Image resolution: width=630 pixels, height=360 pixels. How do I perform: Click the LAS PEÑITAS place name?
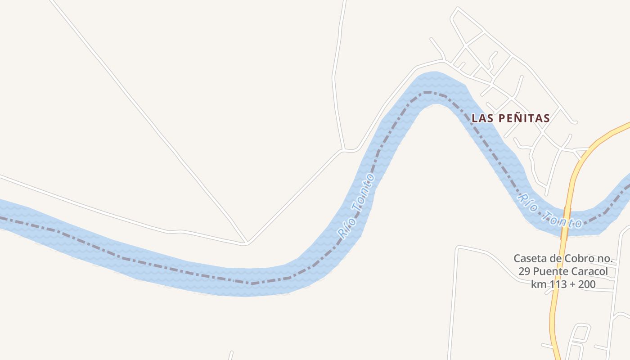coord(510,118)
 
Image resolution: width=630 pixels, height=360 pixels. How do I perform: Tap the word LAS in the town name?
coord(480,118)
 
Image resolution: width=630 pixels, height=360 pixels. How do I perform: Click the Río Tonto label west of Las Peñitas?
coord(356,206)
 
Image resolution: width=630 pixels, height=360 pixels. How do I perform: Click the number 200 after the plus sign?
coord(586,284)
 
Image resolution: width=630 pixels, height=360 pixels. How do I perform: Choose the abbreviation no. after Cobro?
coord(604,259)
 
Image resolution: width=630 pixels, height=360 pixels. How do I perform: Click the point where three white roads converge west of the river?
coord(246,243)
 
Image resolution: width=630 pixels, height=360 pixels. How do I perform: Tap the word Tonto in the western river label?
coord(363,192)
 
